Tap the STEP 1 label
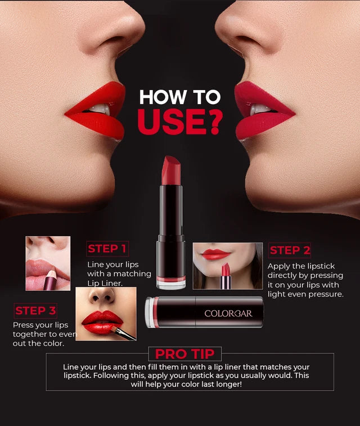pos(107,248)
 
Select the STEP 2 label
pos(290,250)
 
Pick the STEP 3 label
pos(35,311)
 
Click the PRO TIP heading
pos(185,354)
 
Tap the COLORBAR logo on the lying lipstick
pos(228,313)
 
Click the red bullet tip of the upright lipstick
pos(170,170)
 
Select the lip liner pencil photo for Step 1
pos(48,263)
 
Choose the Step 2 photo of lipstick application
pos(227,266)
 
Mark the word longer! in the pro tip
pos(224,384)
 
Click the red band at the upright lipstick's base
pos(170,279)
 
